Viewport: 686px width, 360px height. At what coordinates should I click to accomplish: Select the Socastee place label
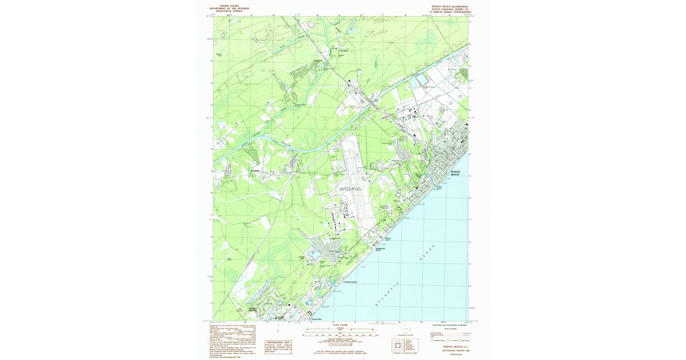point(255,170)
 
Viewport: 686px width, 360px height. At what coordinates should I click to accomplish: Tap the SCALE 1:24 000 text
point(340,325)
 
